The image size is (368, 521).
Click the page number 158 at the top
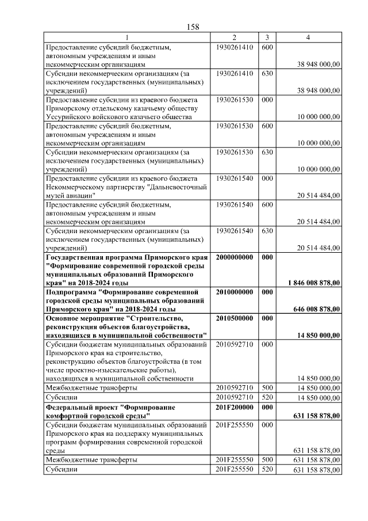pos(193,27)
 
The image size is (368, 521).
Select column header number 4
pos(309,37)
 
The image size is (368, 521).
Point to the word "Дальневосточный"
pos(177,187)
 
